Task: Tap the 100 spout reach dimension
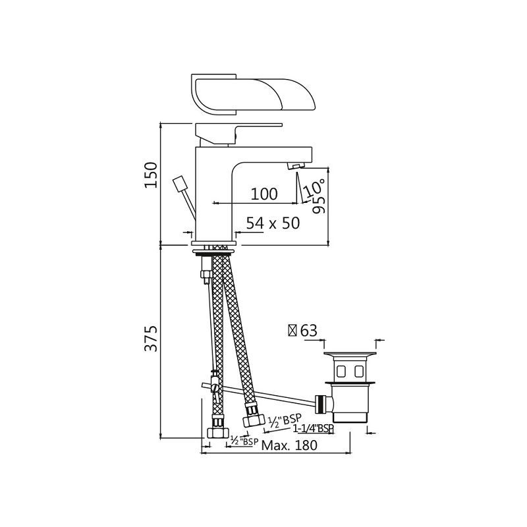tap(264, 194)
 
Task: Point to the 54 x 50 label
tap(273, 223)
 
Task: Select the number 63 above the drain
tap(308, 331)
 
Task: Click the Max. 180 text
tap(289, 445)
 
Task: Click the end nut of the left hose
tap(215, 432)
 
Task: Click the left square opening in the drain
tap(340, 370)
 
